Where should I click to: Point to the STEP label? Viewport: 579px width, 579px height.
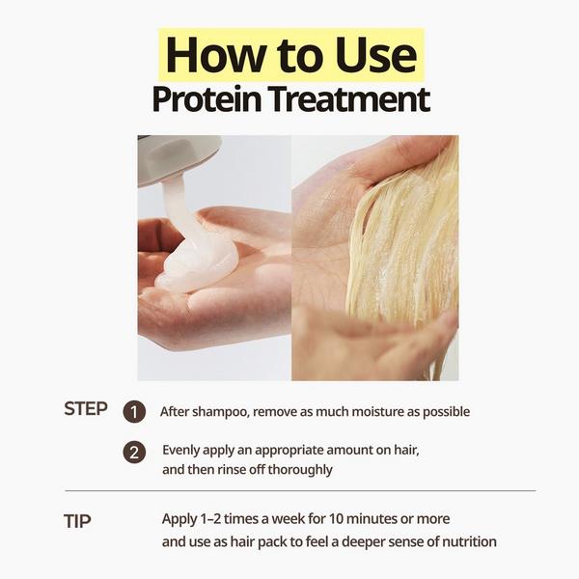tap(86, 408)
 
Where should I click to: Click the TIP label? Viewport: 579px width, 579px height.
tap(77, 521)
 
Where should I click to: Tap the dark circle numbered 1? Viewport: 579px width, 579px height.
tap(135, 412)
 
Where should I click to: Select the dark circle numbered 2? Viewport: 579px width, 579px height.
tap(135, 452)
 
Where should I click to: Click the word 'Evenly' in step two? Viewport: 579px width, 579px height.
tap(182, 450)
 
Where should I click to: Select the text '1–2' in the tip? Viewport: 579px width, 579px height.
tap(213, 519)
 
